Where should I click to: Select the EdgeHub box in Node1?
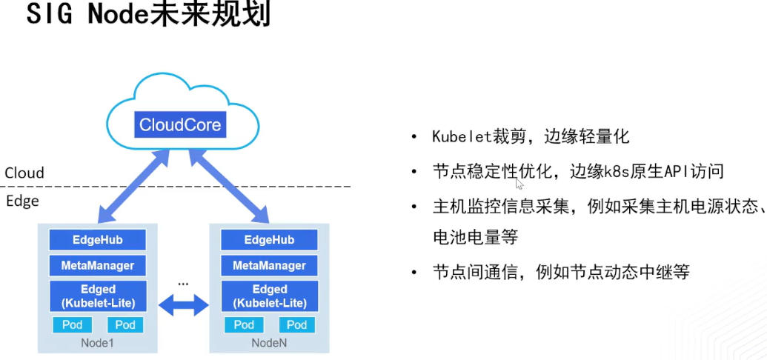97,240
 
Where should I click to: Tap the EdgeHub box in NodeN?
269,240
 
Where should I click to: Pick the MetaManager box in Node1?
97,265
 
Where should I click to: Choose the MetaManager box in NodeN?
269,265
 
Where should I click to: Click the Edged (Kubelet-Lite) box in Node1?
97,296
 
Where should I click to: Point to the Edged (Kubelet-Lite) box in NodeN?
269,296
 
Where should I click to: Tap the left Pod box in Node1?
72,324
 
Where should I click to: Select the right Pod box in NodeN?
296,324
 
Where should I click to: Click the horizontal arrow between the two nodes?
183,302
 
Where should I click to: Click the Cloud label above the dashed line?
24,173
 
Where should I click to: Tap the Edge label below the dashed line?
22,201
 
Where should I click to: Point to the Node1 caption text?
97,343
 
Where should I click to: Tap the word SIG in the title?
52,16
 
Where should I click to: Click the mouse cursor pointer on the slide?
519,184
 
